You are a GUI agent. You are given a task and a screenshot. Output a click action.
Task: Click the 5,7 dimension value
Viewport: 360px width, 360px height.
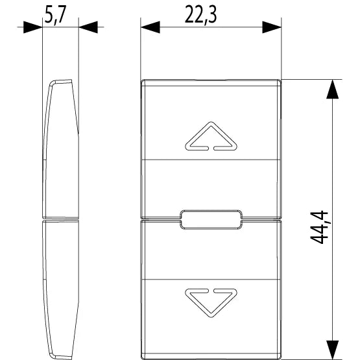[55, 15]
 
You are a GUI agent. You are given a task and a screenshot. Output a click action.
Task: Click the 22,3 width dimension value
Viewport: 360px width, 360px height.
[200, 15]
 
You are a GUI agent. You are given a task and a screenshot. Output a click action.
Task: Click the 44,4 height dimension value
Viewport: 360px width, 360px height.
[319, 227]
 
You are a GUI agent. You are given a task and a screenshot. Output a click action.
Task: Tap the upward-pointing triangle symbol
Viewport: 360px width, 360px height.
[211, 136]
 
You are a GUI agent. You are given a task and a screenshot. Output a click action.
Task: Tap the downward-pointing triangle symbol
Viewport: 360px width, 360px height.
[211, 303]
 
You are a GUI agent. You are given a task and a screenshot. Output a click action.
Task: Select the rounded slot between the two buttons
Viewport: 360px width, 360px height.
[211, 219]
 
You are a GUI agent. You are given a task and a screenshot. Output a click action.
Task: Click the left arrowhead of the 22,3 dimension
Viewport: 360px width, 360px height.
[150, 27]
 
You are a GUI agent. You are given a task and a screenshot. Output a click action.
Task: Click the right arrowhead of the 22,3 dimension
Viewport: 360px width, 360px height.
[272, 27]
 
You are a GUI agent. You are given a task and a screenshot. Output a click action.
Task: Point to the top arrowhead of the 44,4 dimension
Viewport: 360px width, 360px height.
[333, 89]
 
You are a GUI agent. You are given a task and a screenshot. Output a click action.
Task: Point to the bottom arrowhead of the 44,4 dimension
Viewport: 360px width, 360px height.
[333, 350]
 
